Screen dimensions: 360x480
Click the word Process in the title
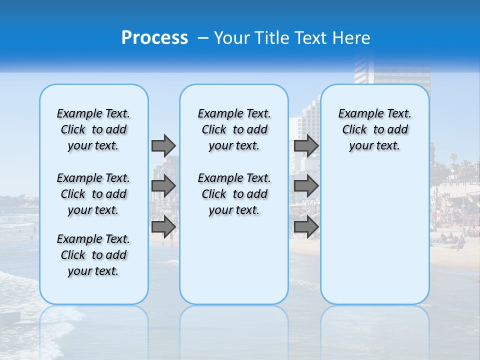click(x=154, y=38)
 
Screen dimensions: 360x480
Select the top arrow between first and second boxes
click(x=163, y=145)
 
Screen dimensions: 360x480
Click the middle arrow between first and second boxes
click(x=163, y=186)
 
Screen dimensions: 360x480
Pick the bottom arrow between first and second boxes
click(x=163, y=226)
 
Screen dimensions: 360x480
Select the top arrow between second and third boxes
click(x=306, y=145)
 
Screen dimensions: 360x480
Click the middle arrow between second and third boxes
click(x=306, y=186)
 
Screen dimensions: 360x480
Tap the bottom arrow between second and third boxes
click(x=306, y=226)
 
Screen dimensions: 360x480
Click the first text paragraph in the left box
click(x=93, y=129)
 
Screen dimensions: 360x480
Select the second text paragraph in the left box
click(x=93, y=194)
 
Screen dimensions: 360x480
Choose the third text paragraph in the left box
click(x=93, y=255)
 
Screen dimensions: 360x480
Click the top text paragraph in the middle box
click(x=234, y=129)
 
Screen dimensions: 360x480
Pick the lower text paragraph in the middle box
click(x=234, y=194)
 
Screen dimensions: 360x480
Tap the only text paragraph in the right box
click(x=374, y=129)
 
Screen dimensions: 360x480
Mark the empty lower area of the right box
click(x=374, y=235)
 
